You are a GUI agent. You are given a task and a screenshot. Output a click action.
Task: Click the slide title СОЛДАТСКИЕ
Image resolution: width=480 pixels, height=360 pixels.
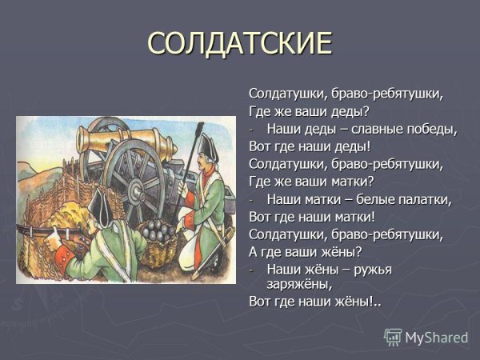(x=239, y=43)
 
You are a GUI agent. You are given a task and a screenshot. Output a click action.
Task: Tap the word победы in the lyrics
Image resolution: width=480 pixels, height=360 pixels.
(x=428, y=129)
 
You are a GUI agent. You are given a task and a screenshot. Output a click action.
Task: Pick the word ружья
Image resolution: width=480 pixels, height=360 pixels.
(x=370, y=269)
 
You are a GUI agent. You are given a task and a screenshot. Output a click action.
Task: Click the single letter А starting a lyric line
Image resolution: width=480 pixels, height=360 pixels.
(x=254, y=251)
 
